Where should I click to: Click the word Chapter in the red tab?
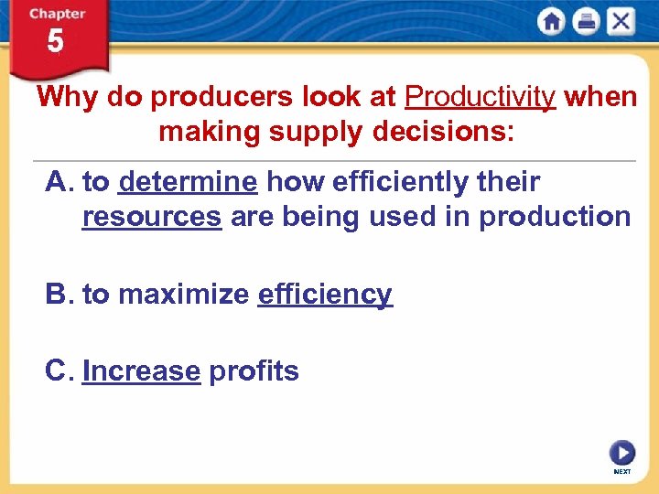click(x=56, y=14)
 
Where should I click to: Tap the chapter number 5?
click(x=56, y=41)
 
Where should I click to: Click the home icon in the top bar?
click(x=552, y=22)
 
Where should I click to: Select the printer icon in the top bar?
click(x=586, y=22)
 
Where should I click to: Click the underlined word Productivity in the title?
click(x=480, y=97)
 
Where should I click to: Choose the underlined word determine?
click(x=188, y=182)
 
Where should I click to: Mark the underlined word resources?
click(x=151, y=217)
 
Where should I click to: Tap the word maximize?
click(x=183, y=295)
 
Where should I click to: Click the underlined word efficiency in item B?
click(x=325, y=295)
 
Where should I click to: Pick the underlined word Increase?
click(x=141, y=371)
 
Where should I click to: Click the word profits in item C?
click(x=254, y=371)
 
